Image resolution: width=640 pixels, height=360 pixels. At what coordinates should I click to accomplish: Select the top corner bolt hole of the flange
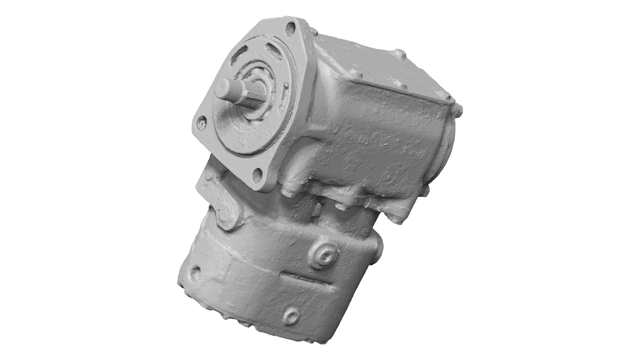tap(292, 27)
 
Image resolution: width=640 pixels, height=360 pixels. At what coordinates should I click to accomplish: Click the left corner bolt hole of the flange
tap(203, 122)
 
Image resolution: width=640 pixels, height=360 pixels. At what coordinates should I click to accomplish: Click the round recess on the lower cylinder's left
tap(195, 273)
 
